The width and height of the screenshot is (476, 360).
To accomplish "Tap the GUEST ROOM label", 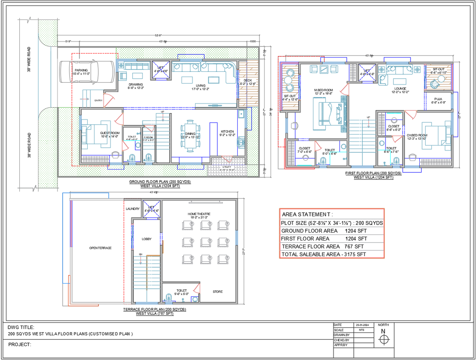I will [x=110, y=133].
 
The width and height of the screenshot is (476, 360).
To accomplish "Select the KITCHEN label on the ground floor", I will [x=227, y=131].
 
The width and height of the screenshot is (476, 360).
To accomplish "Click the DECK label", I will [x=248, y=81].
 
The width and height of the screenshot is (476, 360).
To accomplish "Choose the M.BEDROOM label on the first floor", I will [x=323, y=90].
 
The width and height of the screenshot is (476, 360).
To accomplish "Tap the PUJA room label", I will [x=438, y=99].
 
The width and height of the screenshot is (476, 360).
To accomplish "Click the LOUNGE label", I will [x=400, y=89].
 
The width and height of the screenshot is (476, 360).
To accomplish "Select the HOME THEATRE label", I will [x=199, y=214].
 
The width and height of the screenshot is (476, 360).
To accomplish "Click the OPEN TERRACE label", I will [x=100, y=248].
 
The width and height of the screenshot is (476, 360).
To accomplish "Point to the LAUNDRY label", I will [x=132, y=208].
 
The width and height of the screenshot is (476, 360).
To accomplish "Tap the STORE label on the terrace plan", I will [x=217, y=292].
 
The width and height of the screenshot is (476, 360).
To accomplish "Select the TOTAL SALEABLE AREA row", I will [x=324, y=254].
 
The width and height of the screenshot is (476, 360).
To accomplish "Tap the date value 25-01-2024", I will [x=362, y=325].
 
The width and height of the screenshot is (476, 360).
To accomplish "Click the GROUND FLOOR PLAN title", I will [x=160, y=182].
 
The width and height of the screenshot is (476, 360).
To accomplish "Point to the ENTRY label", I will [x=98, y=100].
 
